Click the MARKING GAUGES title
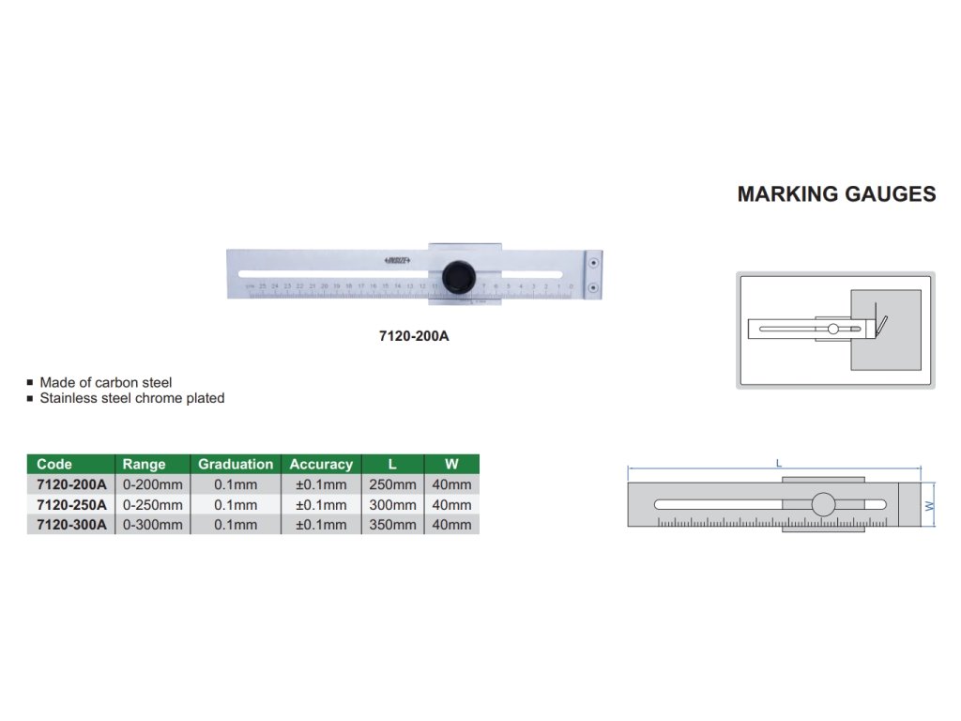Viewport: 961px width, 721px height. (836, 194)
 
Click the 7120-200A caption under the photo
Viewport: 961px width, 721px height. (414, 335)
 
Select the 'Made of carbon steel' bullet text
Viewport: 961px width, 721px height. (106, 383)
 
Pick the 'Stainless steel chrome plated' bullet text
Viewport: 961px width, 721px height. (132, 398)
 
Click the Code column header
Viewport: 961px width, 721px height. (54, 464)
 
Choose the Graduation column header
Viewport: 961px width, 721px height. (236, 464)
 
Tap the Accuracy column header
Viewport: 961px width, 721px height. (321, 464)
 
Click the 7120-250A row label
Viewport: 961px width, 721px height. (71, 505)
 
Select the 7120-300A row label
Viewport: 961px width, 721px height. (71, 525)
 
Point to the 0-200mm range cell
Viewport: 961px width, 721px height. (153, 484)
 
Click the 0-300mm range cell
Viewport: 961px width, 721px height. (153, 525)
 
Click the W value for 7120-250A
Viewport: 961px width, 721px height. (452, 505)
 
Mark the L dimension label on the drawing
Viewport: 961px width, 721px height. (779, 462)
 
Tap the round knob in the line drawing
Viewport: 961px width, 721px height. (823, 504)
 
